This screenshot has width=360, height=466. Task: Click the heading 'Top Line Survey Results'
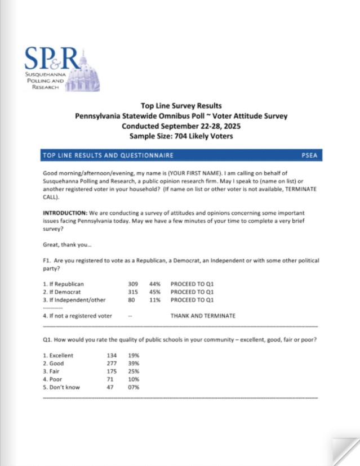click(x=181, y=106)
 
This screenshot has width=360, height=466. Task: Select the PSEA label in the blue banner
click(x=310, y=155)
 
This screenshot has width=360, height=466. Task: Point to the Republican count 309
click(x=133, y=284)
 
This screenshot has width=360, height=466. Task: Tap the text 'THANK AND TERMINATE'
click(x=203, y=316)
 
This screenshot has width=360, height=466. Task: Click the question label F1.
click(x=47, y=261)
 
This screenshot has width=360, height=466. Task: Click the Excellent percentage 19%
click(x=134, y=356)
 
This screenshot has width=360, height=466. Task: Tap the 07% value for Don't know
click(x=134, y=387)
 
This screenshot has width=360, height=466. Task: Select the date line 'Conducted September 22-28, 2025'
click(x=181, y=126)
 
